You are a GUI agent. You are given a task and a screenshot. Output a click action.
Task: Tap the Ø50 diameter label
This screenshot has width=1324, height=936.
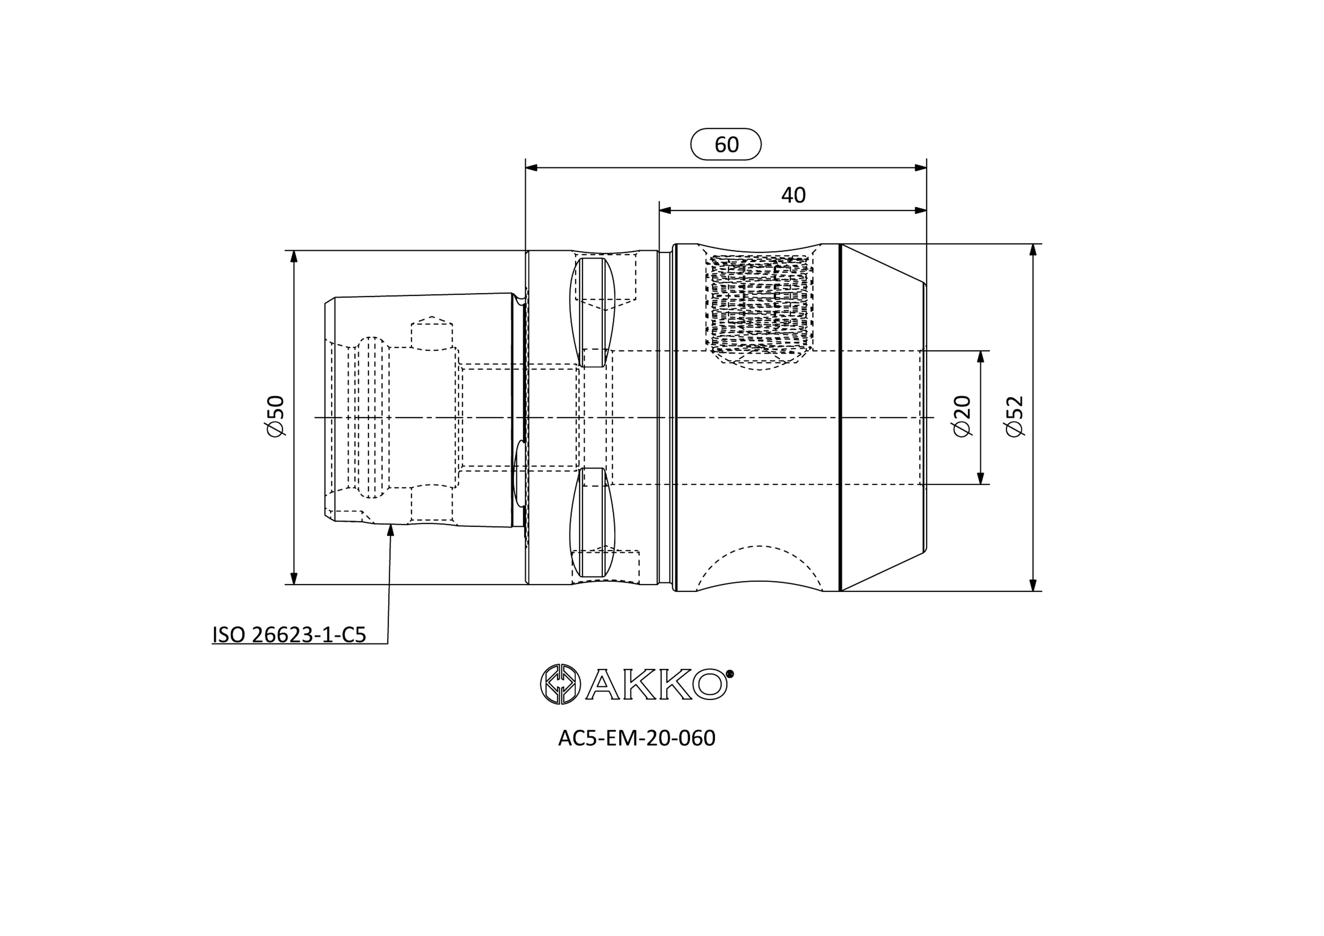coord(276,416)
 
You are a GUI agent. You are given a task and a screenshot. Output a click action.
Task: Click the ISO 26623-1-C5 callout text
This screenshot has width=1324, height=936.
coord(289,635)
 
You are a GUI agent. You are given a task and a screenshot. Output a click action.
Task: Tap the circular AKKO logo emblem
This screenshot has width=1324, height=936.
coord(559,684)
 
